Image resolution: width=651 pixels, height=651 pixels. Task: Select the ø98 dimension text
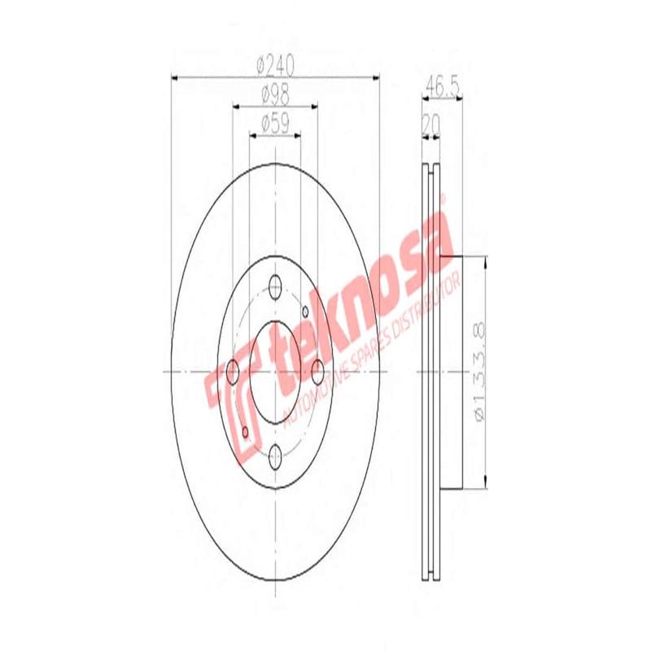(x=274, y=94)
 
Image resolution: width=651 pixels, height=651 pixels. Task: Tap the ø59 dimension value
(x=274, y=125)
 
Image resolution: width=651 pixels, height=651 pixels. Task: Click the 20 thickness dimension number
(x=430, y=125)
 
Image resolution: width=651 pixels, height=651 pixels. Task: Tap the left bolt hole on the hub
(x=232, y=371)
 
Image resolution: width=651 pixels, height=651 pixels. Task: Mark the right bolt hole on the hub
(x=318, y=371)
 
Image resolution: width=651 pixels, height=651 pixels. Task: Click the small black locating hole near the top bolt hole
(x=304, y=310)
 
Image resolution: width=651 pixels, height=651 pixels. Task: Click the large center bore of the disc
(x=275, y=371)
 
